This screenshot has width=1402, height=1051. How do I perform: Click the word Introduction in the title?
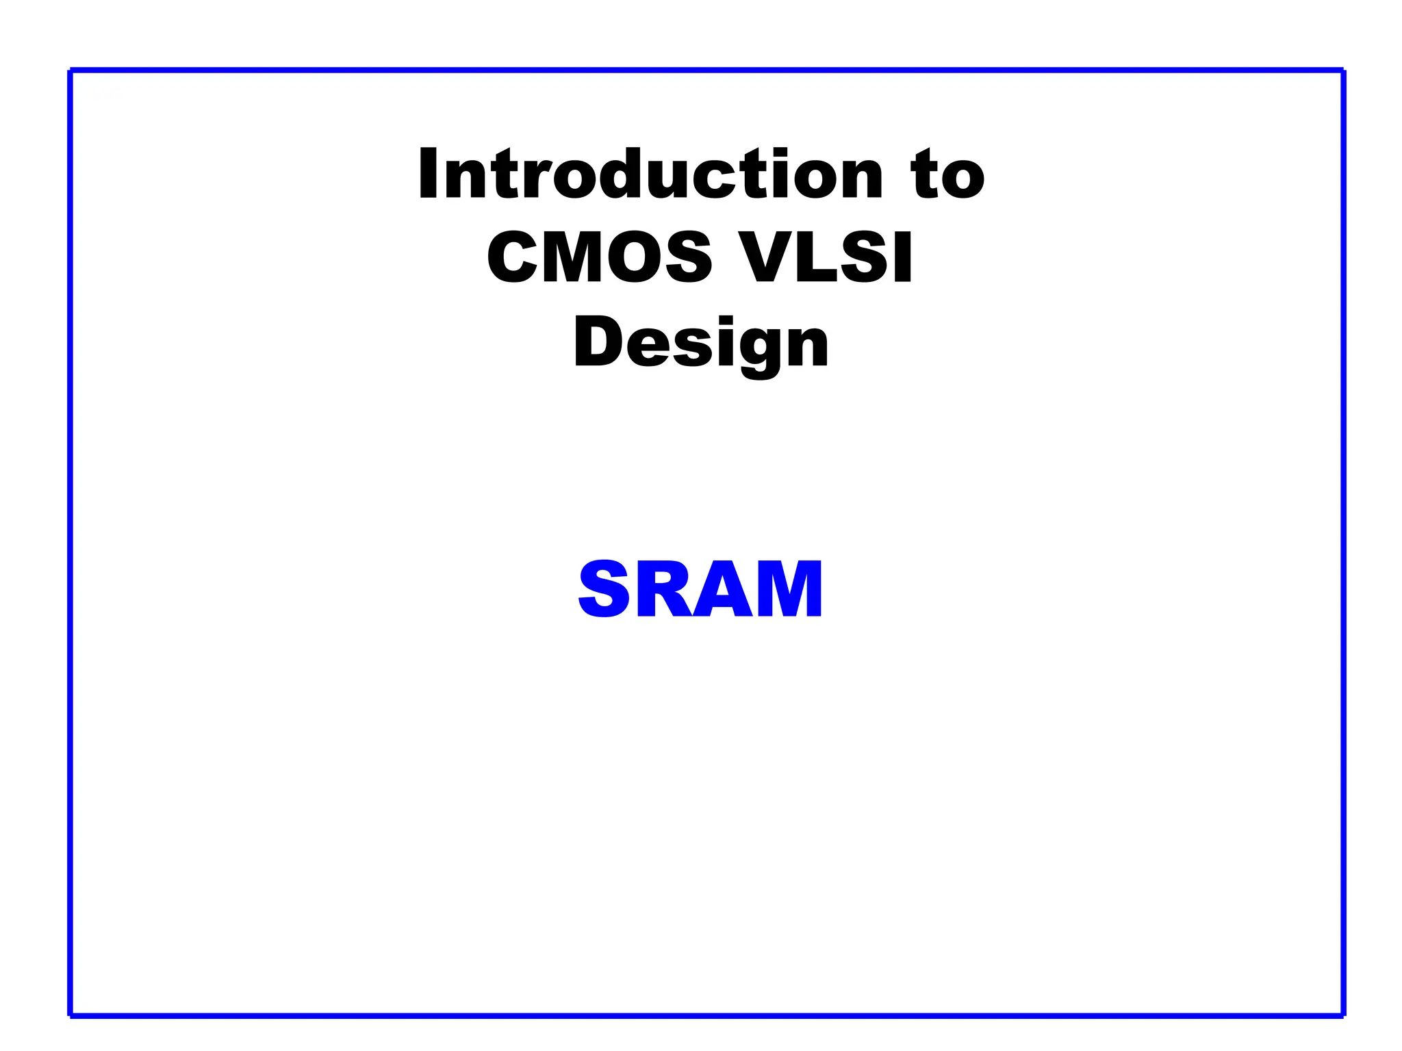tap(651, 174)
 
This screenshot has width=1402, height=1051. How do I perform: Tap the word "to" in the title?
tap(947, 176)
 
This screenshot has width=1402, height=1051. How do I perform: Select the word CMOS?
tap(600, 257)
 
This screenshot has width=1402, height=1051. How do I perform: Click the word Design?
tap(701, 344)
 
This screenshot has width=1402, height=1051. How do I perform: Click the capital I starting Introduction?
tap(428, 174)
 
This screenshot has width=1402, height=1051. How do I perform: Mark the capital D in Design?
tap(596, 342)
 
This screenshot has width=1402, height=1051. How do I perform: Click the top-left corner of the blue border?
tap(71, 70)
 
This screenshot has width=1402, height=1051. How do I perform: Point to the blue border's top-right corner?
tap(1343, 70)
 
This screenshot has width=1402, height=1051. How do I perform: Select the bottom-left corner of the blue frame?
tap(71, 1015)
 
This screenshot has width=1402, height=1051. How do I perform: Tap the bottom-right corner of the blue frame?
tap(1343, 1015)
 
